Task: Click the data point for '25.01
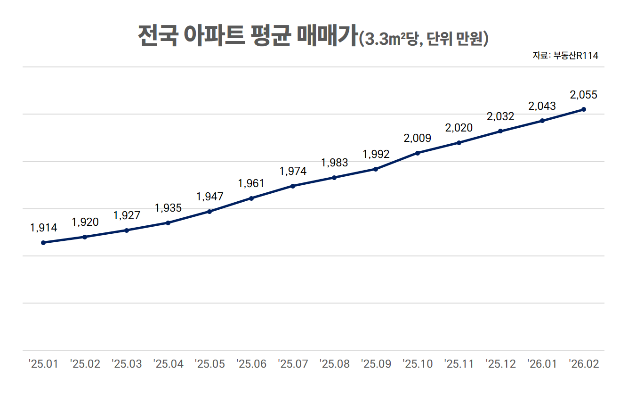coord(43,243)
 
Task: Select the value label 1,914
coord(43,228)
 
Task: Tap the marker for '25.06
coord(251,198)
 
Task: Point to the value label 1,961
coord(251,184)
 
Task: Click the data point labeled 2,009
coord(418,153)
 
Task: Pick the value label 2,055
coord(583,95)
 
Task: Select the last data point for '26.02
coord(584,109)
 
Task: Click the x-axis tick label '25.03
coord(127,364)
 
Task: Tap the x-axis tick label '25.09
coord(376,364)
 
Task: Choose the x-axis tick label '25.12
coord(500,364)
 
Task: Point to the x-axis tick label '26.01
coord(542,364)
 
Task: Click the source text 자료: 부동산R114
coord(565,56)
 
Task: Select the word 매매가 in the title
coord(327,36)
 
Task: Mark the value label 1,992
coord(376,155)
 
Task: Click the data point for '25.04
coord(168,222)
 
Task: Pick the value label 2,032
coord(500,116)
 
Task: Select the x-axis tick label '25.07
coord(293,364)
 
